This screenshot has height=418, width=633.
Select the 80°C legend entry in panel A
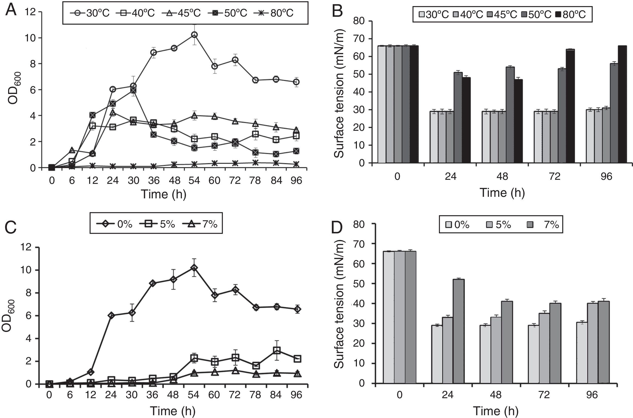[275, 13]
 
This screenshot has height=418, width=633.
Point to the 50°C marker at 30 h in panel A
[133, 90]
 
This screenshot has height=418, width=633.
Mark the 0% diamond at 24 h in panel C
[111, 316]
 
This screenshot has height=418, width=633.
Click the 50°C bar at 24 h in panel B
[458, 117]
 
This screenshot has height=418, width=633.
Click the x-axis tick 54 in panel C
[194, 395]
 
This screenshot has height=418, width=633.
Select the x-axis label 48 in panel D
[496, 395]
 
